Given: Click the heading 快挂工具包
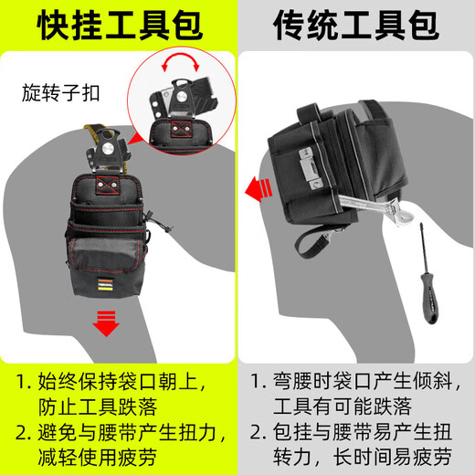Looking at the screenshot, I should tap(119, 26).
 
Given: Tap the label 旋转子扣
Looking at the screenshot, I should tap(61, 93).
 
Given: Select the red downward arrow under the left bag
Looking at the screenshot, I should tap(107, 322).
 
